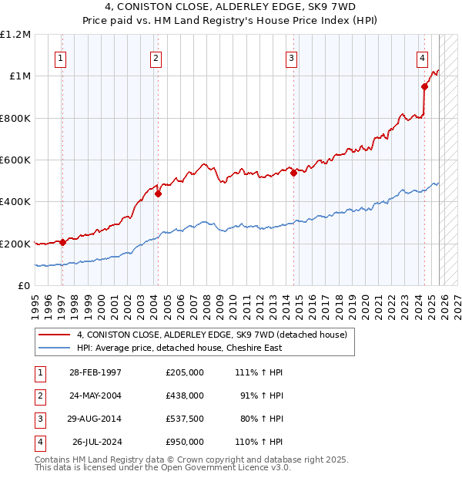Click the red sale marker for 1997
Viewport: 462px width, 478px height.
coord(62,242)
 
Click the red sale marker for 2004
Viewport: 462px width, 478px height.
coord(158,194)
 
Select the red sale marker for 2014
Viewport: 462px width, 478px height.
coord(293,173)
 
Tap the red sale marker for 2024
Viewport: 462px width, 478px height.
coord(424,87)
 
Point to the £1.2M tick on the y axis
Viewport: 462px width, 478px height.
coord(15,35)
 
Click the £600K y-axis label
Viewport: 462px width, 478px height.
coord(15,160)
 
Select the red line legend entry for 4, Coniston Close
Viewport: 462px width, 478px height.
coord(212,335)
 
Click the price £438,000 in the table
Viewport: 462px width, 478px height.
coord(184,395)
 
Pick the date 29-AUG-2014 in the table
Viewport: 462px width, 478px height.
coord(95,419)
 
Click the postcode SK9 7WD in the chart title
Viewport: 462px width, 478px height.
coord(329,6)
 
